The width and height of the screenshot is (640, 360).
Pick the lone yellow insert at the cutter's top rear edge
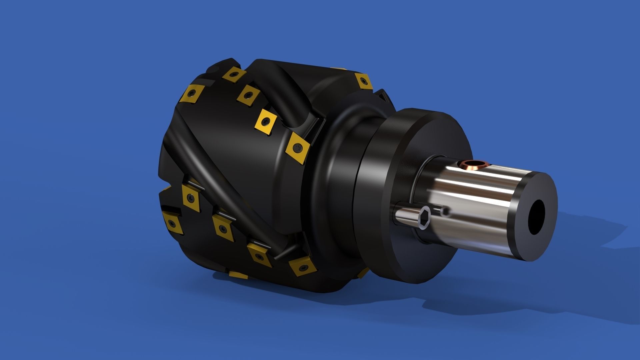(x=362, y=81)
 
